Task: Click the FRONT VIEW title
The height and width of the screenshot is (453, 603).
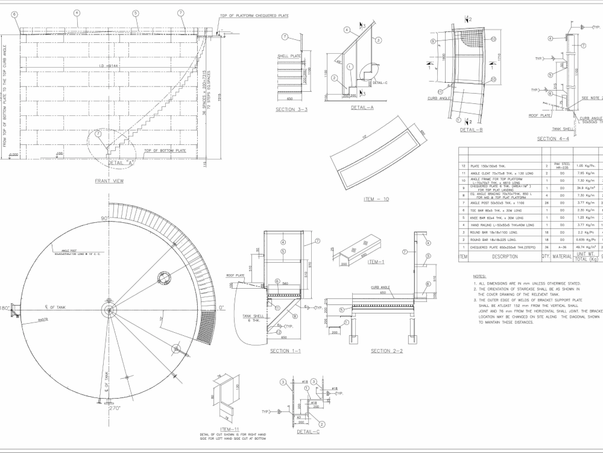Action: point(109,181)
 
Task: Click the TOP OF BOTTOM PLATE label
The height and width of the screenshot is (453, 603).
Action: point(164,150)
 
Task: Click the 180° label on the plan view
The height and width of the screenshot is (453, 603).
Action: point(5,307)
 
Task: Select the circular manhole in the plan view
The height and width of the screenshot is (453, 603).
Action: point(164,277)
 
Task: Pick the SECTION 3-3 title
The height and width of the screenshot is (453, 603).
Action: point(291,110)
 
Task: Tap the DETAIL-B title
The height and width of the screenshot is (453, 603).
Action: point(472,130)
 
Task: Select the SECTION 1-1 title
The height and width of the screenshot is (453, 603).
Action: point(286,351)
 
